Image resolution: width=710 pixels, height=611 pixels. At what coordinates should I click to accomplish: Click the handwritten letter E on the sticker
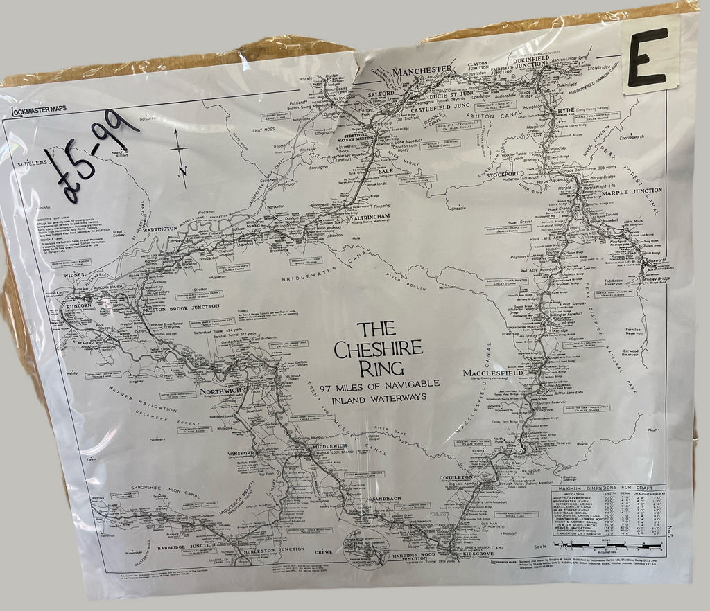(648, 57)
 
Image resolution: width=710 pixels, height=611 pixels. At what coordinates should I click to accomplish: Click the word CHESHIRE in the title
(379, 350)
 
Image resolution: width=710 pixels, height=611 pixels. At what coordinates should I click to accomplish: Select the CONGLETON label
(457, 477)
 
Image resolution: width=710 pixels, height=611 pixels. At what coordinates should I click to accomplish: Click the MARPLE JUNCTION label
(632, 191)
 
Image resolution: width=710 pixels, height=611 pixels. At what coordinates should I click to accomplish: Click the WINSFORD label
(242, 454)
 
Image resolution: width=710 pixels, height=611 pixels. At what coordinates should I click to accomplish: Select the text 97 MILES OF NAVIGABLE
(379, 384)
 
